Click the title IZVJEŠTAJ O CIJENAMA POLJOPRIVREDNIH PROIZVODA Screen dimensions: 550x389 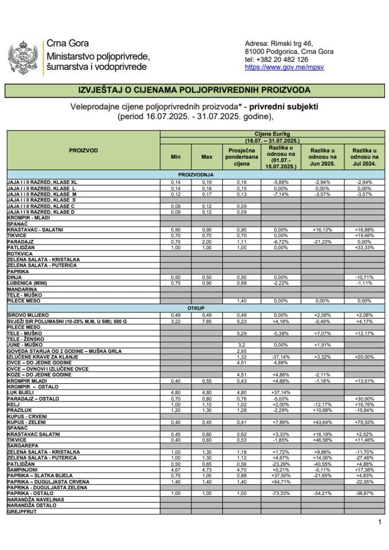coord(194,90)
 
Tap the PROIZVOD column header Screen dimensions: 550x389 coord(84,150)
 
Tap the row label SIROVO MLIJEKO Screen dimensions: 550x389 coord(28,315)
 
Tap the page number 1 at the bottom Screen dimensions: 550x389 coord(379,522)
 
